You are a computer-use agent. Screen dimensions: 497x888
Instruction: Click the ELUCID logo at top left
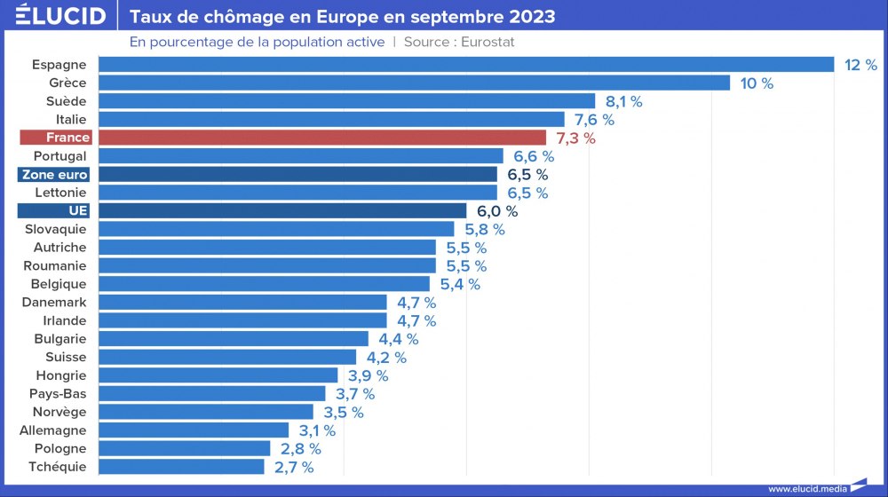tap(60, 16)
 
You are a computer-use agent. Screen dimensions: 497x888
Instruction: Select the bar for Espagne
tap(465, 64)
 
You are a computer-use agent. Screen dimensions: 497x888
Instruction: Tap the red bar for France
tap(321, 138)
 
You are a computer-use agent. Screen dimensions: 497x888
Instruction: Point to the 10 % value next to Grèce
tap(757, 83)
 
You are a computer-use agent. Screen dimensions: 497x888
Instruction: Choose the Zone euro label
tap(55, 174)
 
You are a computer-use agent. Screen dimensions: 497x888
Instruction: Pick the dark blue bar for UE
tap(281, 210)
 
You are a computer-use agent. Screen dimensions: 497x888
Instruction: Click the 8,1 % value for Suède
tap(623, 101)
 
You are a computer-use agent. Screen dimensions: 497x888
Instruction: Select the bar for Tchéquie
tap(181, 467)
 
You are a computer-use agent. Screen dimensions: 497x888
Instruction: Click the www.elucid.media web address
tap(807, 488)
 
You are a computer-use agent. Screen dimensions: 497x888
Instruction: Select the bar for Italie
tap(331, 119)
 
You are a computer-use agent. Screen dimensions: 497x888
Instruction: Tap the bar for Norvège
tap(205, 412)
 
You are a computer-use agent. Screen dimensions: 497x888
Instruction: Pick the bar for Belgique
tap(264, 284)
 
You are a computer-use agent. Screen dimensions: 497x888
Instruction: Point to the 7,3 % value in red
tap(575, 138)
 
